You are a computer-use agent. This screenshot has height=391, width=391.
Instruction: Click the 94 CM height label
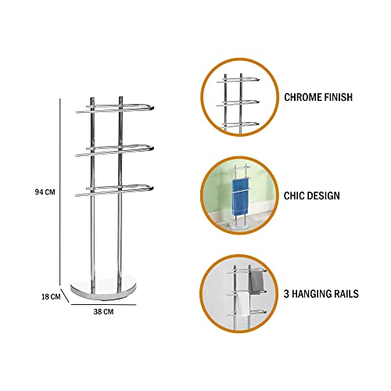tap(45, 192)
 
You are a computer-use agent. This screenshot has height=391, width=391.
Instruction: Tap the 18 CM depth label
tap(51, 296)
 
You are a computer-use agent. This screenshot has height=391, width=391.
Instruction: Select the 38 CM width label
tap(103, 311)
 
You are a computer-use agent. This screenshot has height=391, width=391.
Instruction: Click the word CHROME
tap(300, 97)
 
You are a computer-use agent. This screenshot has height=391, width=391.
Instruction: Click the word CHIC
tap(292, 195)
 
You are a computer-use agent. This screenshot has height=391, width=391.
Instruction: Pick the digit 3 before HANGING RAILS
tap(286, 294)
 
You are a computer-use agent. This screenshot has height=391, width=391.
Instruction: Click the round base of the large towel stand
tap(103, 289)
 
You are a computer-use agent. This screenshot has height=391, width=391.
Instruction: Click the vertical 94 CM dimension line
tap(60, 192)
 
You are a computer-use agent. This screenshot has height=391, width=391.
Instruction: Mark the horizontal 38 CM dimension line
tap(103, 304)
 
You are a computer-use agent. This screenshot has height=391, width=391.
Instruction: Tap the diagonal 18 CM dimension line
tap(65, 295)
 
